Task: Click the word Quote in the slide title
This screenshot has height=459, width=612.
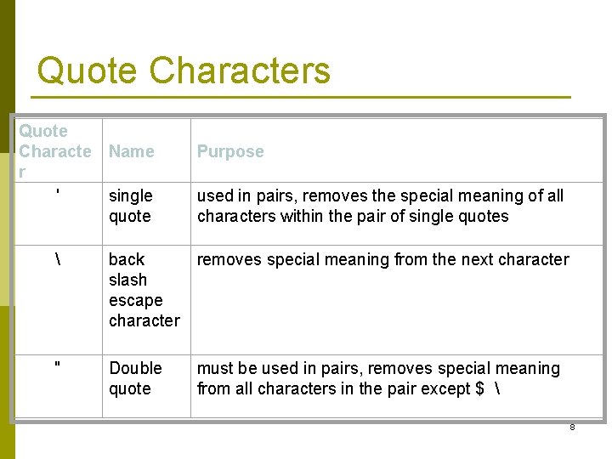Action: coord(88,71)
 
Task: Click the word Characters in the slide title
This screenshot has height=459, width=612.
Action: coord(240,71)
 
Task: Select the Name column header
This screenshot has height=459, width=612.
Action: coord(132,151)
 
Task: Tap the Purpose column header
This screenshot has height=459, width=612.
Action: coord(230,151)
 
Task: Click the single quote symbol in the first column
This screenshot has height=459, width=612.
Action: coord(57,195)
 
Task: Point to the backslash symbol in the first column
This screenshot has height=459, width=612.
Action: coord(57,259)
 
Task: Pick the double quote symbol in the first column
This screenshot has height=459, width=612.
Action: coord(57,366)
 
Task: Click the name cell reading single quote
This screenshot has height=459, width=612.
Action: coord(130,206)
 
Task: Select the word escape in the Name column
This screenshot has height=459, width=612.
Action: coord(135,301)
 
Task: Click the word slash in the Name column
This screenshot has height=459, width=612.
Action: coord(127,280)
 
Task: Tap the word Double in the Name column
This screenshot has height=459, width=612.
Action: coord(135,368)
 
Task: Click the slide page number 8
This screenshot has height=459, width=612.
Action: coord(572,427)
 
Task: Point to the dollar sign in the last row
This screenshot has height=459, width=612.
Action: coord(480,388)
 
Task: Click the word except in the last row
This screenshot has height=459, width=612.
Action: coord(447,388)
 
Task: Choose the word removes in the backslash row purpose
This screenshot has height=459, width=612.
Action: coord(229,259)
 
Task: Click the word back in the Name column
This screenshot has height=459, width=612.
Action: coord(127,259)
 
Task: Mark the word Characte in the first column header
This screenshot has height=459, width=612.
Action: coord(54,151)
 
